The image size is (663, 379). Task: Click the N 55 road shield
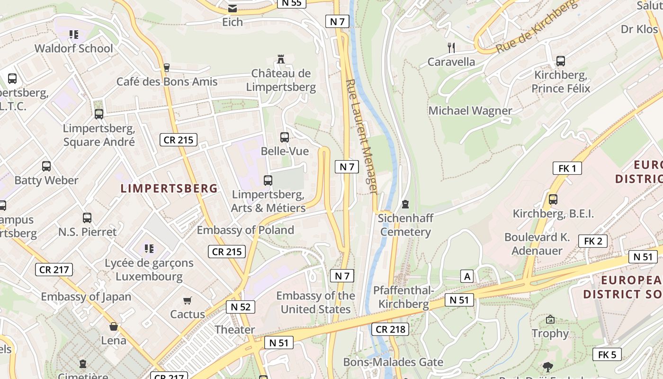click(291, 3)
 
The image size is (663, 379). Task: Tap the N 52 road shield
click(241, 307)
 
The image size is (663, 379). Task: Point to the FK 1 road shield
click(567, 168)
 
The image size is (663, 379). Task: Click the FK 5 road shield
click(607, 354)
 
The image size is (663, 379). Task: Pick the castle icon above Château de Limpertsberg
click(281, 60)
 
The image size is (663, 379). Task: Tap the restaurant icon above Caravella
click(451, 47)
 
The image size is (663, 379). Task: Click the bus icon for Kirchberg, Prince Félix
click(561, 61)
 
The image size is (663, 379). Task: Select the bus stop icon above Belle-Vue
click(284, 137)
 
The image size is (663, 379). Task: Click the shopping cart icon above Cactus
click(188, 300)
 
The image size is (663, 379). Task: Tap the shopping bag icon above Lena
click(114, 326)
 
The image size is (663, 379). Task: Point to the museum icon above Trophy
click(550, 320)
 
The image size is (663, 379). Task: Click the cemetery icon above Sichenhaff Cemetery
click(405, 204)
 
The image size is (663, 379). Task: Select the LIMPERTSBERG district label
click(169, 189)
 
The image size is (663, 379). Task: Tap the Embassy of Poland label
click(245, 230)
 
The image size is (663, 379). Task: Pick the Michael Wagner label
click(470, 111)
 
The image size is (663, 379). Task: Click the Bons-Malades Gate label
click(393, 362)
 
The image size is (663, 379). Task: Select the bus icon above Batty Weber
click(46, 166)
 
